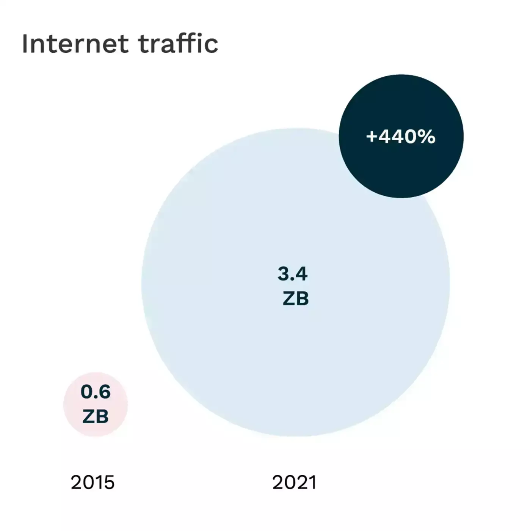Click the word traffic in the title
[x=178, y=43]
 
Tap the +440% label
[x=401, y=137]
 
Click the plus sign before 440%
[x=372, y=137]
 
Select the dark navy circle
[x=401, y=167]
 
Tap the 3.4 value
[x=292, y=273]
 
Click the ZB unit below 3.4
[x=296, y=298]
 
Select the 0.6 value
[x=96, y=391]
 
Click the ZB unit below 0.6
[x=96, y=416]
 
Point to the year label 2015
[x=93, y=482]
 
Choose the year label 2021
[x=294, y=482]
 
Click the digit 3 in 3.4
[x=284, y=273]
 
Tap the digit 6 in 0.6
[x=104, y=391]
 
